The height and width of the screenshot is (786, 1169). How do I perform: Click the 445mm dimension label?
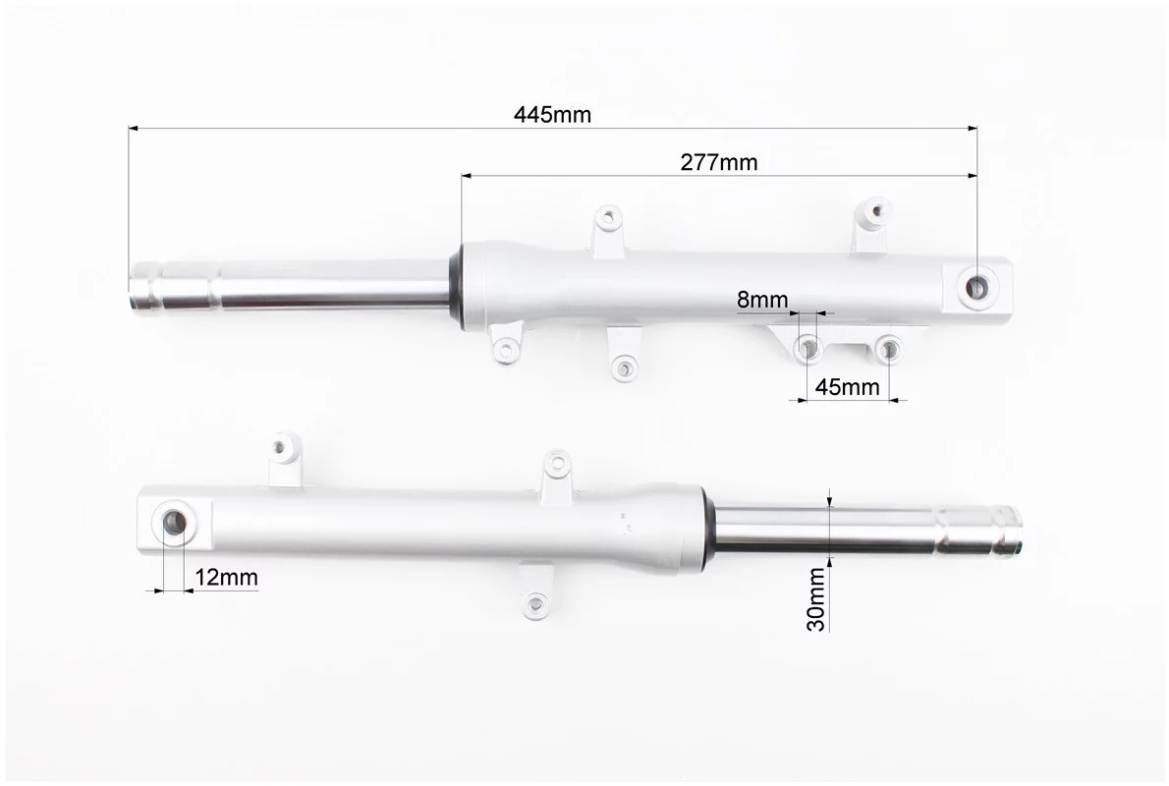click(552, 115)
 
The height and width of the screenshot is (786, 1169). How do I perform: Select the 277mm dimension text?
click(719, 162)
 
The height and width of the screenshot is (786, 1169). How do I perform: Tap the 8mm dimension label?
click(762, 300)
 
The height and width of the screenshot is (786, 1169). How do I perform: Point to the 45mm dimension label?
click(847, 387)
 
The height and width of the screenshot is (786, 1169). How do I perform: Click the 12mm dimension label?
click(227, 577)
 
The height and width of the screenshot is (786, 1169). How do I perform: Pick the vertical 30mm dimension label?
click(816, 598)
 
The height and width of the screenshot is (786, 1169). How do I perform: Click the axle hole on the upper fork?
click(976, 286)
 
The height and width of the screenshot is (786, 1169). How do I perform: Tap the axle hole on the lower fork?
click(175, 522)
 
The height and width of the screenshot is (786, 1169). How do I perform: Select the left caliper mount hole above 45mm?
click(807, 347)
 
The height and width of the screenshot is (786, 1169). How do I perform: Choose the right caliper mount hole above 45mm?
click(888, 348)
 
